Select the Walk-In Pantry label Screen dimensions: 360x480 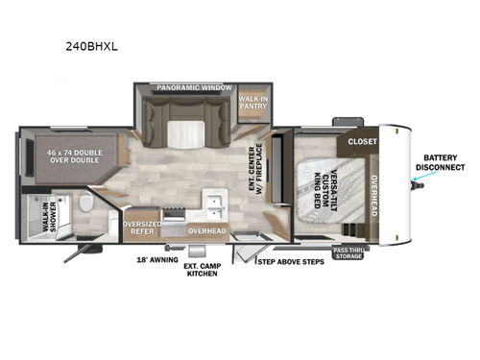252,103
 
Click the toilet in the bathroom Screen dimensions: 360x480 85,204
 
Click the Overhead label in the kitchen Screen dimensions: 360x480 205,231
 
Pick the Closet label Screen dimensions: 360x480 362,141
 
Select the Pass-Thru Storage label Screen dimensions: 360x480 348,253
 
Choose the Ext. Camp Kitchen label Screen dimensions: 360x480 201,269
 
